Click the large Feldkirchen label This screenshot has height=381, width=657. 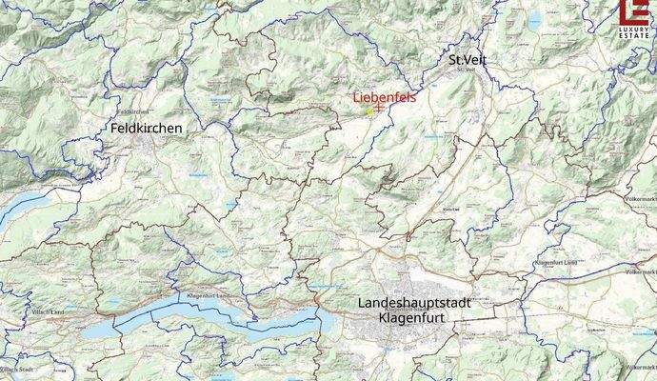(146, 127)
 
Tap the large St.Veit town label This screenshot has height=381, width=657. (469, 60)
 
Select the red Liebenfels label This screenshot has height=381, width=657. (384, 97)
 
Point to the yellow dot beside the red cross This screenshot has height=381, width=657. (368, 111)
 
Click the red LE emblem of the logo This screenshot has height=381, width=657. (635, 11)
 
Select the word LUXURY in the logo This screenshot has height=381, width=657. (635, 29)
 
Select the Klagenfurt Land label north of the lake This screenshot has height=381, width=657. (209, 297)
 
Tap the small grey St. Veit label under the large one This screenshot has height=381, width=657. (466, 70)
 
